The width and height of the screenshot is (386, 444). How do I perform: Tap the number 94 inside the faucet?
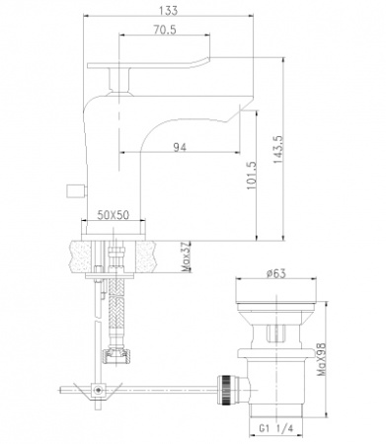[181, 147]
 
